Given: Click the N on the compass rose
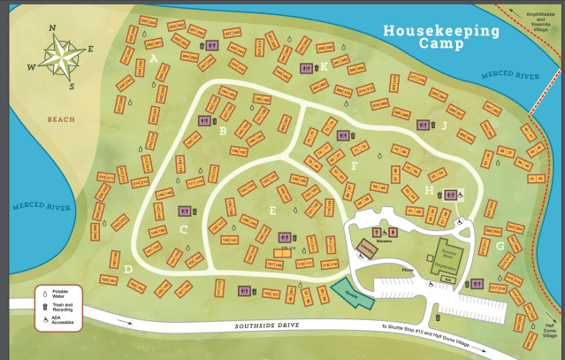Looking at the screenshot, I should click(53, 27).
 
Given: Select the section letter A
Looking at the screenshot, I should click(154, 58).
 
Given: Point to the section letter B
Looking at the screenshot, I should click(223, 132).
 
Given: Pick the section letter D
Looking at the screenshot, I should click(128, 268).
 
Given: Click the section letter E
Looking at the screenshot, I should click(273, 211).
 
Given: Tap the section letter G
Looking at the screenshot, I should click(500, 246).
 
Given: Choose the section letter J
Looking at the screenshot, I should click(444, 126).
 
